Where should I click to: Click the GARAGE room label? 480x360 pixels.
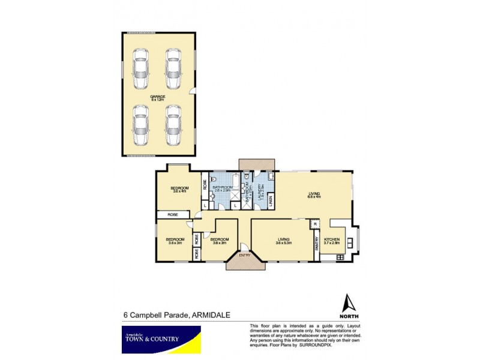pyautogui.click(x=158, y=97)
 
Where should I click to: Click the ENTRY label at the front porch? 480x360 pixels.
pyautogui.click(x=245, y=255)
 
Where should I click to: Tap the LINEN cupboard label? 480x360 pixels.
pyautogui.click(x=271, y=200)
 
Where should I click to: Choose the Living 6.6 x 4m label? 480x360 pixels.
pyautogui.click(x=314, y=194)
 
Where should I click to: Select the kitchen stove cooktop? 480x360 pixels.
pyautogui.click(x=341, y=257)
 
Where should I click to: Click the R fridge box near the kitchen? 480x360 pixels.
pyautogui.click(x=316, y=225)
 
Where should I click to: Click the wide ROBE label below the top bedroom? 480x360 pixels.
pyautogui.click(x=173, y=214)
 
